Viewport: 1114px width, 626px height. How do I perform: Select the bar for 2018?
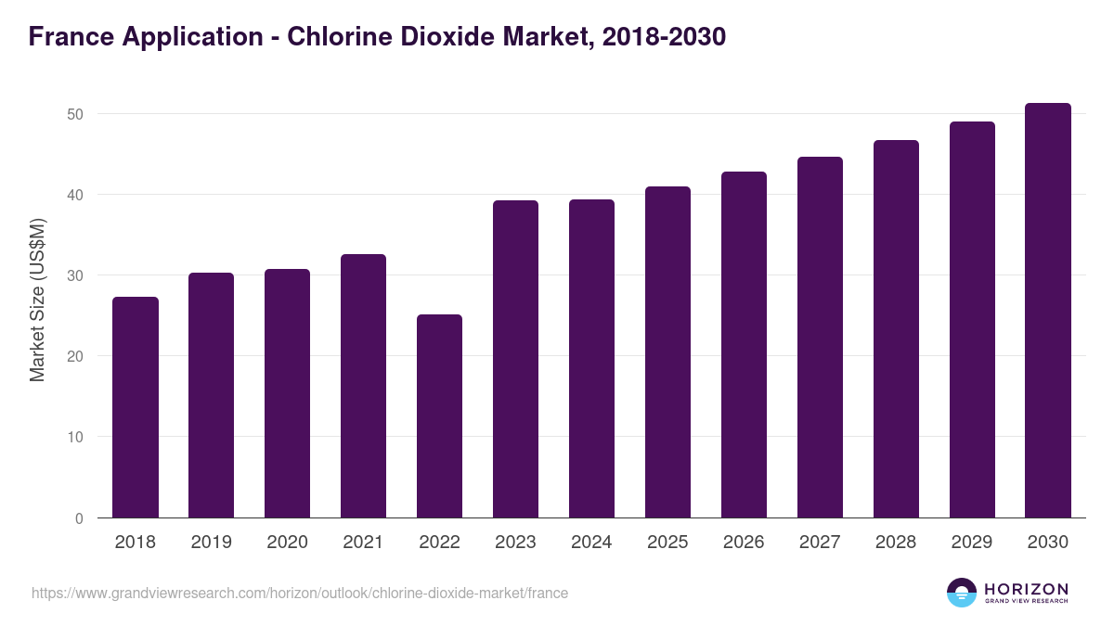[136, 407]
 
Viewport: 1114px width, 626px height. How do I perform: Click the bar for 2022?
[439, 416]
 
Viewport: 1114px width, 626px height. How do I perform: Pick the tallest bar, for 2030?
[1048, 311]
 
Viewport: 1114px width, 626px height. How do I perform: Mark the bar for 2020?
[288, 393]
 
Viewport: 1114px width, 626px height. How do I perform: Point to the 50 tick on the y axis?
[75, 114]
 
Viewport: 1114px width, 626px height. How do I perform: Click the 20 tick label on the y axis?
[75, 356]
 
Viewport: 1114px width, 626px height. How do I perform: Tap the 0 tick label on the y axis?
[79, 518]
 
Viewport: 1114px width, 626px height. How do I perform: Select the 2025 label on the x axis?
[667, 543]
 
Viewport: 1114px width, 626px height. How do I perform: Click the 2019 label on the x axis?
[212, 543]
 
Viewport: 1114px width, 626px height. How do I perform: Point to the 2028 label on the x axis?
[896, 543]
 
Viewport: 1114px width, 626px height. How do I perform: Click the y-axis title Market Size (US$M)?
[38, 300]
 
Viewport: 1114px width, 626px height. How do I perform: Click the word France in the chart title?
[70, 37]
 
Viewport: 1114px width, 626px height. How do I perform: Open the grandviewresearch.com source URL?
[300, 593]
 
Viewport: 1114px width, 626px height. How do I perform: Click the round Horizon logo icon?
[962, 593]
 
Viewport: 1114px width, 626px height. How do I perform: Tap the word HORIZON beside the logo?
[1026, 589]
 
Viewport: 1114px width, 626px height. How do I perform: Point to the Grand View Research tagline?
[1026, 602]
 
